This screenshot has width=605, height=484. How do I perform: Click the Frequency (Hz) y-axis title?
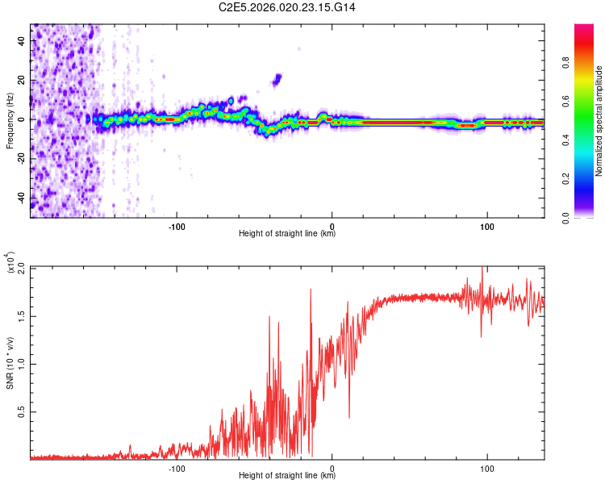tap(10, 120)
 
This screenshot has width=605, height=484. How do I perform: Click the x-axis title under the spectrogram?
tap(287, 234)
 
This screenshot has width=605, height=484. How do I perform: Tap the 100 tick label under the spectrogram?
tap(486, 225)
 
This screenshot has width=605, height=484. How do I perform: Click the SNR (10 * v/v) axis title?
tap(10, 362)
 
